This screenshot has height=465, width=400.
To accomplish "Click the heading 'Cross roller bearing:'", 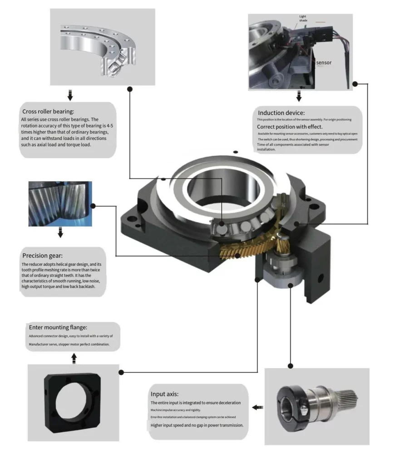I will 48,111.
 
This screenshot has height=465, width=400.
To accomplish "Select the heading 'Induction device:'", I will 281,113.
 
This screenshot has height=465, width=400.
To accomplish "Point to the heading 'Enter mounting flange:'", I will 58,326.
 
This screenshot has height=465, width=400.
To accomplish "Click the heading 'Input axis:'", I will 168,394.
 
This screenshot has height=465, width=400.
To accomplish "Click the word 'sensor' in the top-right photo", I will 324,63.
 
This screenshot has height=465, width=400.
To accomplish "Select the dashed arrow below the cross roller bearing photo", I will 70,95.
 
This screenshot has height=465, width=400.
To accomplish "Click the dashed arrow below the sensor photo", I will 299,96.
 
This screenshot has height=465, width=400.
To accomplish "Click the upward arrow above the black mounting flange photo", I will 74,358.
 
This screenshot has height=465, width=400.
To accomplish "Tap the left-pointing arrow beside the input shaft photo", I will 257,407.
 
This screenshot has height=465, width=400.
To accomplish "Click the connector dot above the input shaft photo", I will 291,366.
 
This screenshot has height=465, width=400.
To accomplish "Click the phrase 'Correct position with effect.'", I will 290,127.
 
